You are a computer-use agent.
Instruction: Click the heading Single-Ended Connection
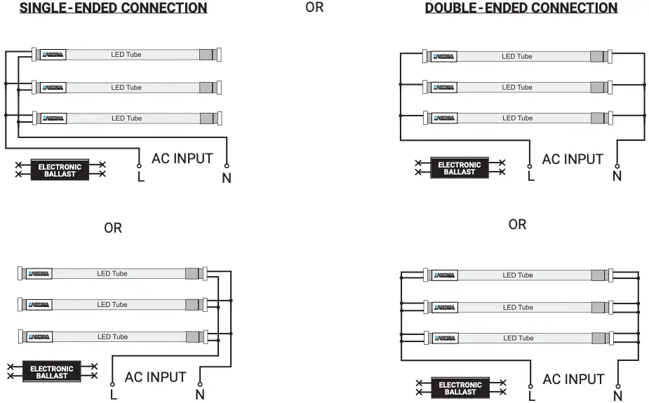(x=113, y=8)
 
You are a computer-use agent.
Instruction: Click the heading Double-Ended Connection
(x=521, y=8)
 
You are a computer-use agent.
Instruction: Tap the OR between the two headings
(x=315, y=8)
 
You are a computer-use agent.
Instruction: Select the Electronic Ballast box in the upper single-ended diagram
(x=60, y=170)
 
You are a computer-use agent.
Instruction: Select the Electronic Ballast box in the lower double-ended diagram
(x=460, y=388)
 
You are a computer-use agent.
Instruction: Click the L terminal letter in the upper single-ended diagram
(x=141, y=177)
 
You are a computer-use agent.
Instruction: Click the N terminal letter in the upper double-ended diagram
(x=617, y=176)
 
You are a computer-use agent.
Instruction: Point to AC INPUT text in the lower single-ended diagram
(x=155, y=377)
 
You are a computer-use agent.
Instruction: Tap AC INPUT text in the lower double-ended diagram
(x=573, y=379)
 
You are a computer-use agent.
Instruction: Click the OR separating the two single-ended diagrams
(x=113, y=228)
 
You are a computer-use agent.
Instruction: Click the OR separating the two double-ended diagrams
(x=517, y=224)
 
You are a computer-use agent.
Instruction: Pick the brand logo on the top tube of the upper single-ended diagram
(x=53, y=55)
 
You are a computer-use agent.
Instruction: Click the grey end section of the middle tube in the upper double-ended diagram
(x=597, y=88)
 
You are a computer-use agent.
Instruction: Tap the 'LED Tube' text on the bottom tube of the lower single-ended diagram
(x=112, y=337)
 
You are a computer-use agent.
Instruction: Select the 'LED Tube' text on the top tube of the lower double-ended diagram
(x=518, y=275)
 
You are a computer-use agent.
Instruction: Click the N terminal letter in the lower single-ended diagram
(x=200, y=395)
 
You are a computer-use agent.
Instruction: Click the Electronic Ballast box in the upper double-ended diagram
(x=460, y=168)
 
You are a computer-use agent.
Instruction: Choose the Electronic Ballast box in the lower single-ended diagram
(x=52, y=371)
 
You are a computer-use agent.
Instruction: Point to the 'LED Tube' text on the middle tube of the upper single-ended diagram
(x=126, y=88)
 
